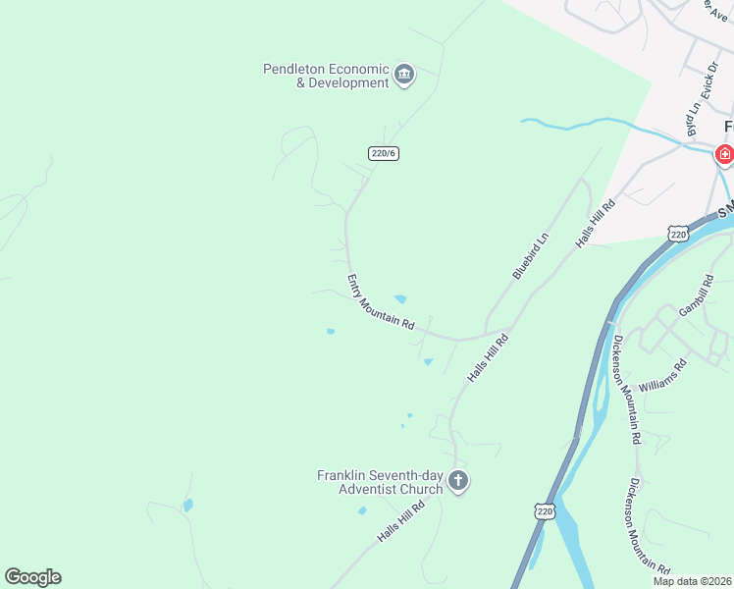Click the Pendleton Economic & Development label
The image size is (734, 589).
pos(327,76)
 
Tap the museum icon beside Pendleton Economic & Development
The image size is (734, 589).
pos(404,75)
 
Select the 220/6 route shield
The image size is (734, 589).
pos(384,153)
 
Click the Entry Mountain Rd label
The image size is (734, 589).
pos(382,302)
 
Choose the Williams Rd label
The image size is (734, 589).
pos(662,374)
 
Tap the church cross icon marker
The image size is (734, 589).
pos(458,481)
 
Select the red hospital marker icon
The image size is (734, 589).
pos(724,154)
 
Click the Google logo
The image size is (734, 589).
pos(32,577)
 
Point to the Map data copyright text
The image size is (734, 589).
pos(693,581)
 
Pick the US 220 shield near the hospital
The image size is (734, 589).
pos(677,233)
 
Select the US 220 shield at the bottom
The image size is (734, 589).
pos(546,511)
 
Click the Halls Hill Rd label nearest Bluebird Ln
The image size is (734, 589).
pos(596,223)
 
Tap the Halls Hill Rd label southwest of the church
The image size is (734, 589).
pos(401,522)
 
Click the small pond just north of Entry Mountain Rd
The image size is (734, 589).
pos(400,299)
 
